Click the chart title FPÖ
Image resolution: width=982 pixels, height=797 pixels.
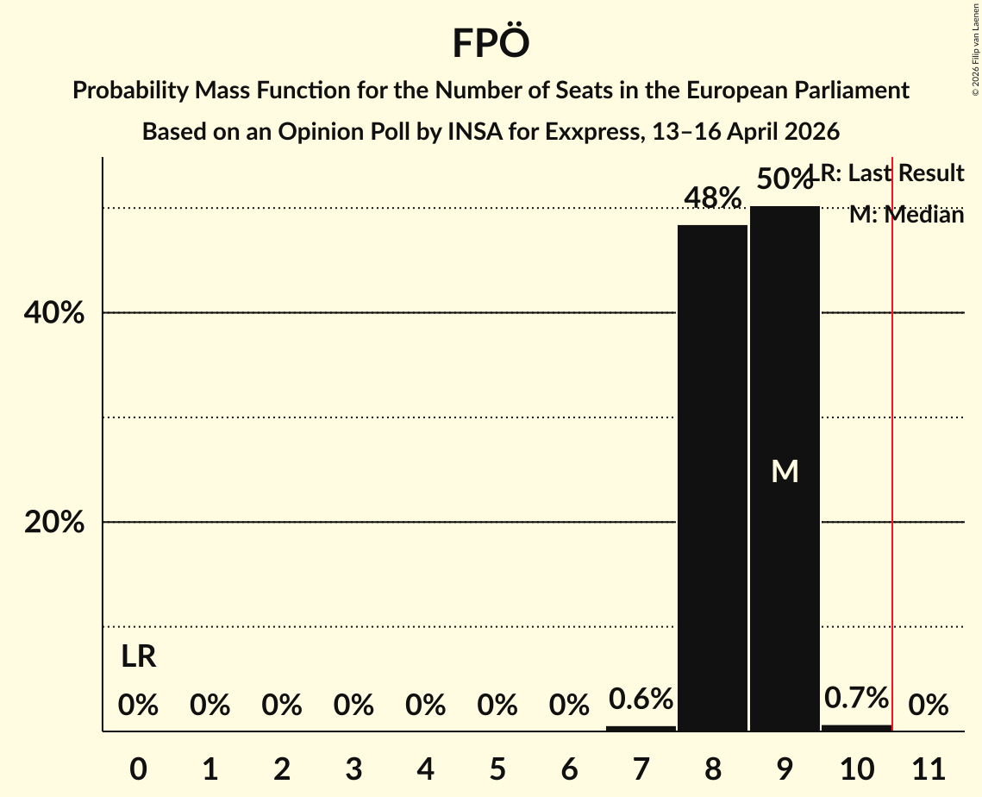(491, 43)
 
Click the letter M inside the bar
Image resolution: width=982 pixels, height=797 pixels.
(785, 471)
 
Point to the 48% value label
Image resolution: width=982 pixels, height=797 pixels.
(712, 198)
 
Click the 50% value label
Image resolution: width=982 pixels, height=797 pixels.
(783, 179)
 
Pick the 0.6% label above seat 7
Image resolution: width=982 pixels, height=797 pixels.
(641, 699)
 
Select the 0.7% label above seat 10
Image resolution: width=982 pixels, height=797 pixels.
(856, 697)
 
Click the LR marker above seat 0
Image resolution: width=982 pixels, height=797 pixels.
(138, 657)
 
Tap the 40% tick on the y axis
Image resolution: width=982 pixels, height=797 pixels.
(54, 313)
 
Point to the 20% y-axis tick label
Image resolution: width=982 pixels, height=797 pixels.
(54, 523)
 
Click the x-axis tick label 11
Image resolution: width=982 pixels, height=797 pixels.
(928, 767)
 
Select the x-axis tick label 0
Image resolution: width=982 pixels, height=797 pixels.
(138, 767)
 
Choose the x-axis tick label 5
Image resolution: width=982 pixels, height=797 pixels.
(497, 767)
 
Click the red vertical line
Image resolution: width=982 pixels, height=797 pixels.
(892, 431)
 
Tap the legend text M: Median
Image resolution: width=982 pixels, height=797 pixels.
(906, 215)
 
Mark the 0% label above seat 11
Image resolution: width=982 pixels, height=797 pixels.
(928, 706)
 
